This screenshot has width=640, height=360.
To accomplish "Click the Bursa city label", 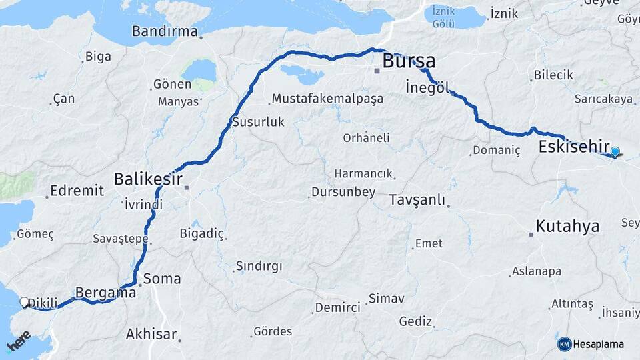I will (x=409, y=61).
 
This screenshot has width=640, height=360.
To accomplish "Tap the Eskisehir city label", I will (x=575, y=146).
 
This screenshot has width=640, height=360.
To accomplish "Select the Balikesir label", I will (x=147, y=179).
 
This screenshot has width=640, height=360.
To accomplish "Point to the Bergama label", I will (x=106, y=292).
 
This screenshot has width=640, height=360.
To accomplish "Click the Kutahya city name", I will (x=567, y=225).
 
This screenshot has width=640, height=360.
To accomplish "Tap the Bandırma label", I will (x=165, y=31).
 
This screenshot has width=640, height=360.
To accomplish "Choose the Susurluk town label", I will (x=258, y=122).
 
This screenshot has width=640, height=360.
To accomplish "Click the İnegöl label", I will (x=428, y=87).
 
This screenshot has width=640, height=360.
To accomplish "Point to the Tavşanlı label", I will (x=416, y=200).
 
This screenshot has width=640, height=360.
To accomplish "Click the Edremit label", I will (x=77, y=190).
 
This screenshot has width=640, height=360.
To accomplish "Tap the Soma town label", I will (x=161, y=278).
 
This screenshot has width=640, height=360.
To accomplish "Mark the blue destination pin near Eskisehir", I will (x=614, y=153).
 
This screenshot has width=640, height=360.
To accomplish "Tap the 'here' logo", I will (x=19, y=341).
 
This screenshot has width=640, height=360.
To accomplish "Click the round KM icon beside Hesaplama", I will (x=564, y=344).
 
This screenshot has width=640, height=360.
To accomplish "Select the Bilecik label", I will (x=553, y=75).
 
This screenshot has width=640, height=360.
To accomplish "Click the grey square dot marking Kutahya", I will (x=531, y=234).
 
